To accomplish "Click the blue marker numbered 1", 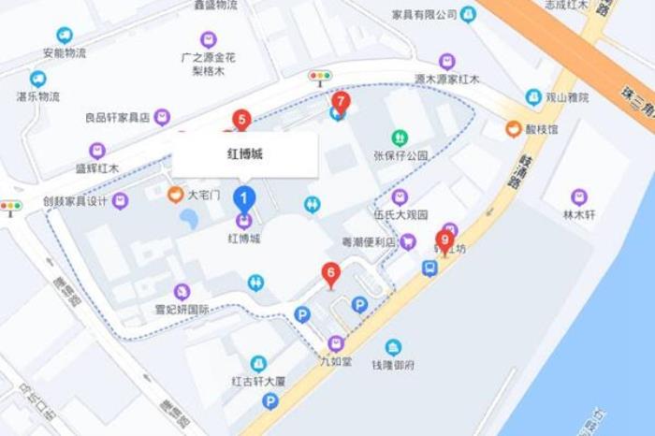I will [x=244, y=198].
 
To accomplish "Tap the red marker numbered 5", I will [x=242, y=120].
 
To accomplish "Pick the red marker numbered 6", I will [x=330, y=273].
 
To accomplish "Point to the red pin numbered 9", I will [x=444, y=240].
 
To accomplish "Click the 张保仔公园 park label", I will [x=400, y=154].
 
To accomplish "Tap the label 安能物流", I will [x=65, y=52].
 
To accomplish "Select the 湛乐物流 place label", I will [x=38, y=95].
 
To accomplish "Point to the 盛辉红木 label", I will [x=97, y=167].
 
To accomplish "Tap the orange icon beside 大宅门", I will [x=175, y=195].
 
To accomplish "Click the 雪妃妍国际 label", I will [x=182, y=309].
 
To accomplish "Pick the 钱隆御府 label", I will [x=393, y=364].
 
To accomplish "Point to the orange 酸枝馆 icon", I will [x=514, y=129].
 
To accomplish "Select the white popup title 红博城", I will [x=245, y=154].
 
